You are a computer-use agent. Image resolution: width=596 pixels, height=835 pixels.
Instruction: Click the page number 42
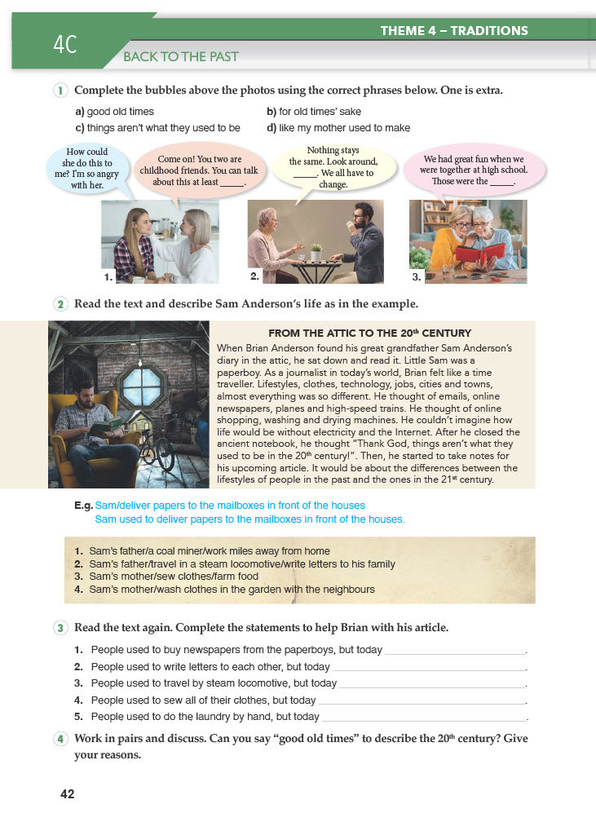(67, 794)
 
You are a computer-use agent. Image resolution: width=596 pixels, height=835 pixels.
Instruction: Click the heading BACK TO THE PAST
(180, 57)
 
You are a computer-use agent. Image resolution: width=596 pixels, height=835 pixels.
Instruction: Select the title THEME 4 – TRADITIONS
(454, 31)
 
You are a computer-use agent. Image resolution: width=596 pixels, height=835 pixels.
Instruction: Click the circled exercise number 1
(61, 91)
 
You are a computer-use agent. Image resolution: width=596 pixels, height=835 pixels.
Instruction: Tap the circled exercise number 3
(61, 628)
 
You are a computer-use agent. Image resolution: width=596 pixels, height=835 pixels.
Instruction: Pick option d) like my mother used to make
(338, 128)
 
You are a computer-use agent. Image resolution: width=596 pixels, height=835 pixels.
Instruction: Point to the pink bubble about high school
(474, 170)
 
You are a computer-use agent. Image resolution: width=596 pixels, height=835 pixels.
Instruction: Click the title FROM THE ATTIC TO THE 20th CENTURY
(369, 334)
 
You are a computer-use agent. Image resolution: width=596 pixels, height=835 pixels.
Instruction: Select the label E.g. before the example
(83, 506)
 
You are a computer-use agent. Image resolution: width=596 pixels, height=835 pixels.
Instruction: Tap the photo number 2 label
(254, 276)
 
